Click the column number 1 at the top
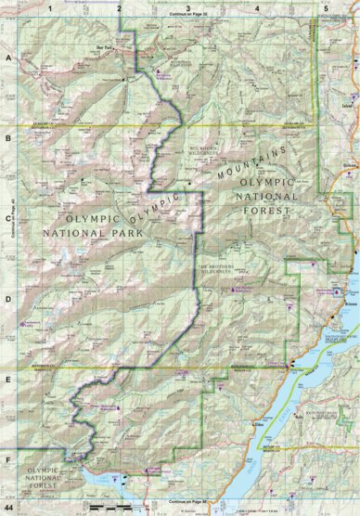(x=48, y=7)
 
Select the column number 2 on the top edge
(x=119, y=7)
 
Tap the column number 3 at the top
(x=188, y=7)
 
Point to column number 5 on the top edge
(x=326, y=7)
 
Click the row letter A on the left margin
(x=7, y=58)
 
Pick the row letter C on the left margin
(x=7, y=220)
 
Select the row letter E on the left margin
(x=7, y=380)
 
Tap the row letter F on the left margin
(x=7, y=458)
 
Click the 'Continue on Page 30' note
(x=189, y=16)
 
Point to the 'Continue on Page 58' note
(x=189, y=502)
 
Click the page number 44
(x=8, y=510)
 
